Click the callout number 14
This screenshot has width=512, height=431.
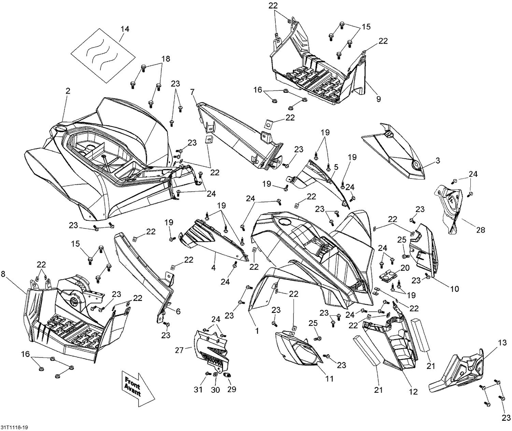tap(125, 29)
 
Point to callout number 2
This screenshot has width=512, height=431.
tap(68, 91)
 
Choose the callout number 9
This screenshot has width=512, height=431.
tap(378, 99)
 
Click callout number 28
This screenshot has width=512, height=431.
tap(481, 230)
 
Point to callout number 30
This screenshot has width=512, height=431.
tap(215, 389)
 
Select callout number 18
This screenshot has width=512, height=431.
tap(166, 59)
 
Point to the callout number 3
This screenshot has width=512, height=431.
tap(438, 160)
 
